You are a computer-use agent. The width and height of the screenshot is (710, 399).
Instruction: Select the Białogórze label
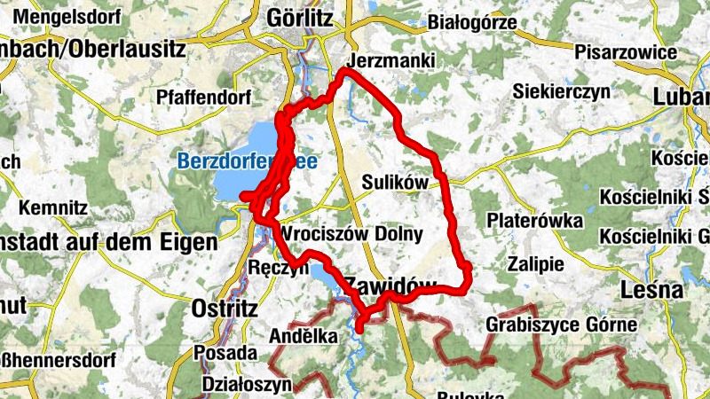coord(471,22)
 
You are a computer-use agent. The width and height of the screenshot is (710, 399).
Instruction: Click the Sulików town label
coord(395,182)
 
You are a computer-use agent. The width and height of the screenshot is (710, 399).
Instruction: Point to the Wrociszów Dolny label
coord(351,234)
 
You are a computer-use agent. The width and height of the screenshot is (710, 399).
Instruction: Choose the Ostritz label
coord(225,309)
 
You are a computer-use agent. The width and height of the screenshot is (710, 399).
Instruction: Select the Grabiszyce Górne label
coord(561,325)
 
